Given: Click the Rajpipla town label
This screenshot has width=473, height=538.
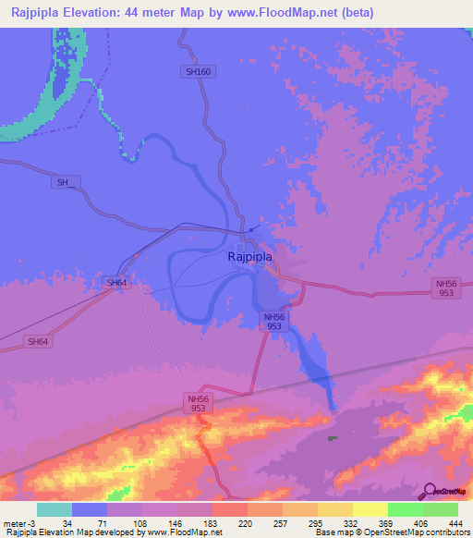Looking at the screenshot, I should coord(249,259).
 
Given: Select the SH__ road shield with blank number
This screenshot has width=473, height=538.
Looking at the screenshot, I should coord(64,183).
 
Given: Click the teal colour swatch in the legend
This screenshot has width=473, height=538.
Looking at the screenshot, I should coord(55,509).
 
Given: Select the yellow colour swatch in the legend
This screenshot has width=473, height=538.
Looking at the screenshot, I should coord(370,509).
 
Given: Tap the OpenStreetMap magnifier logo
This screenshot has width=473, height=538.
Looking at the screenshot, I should coord(431,491).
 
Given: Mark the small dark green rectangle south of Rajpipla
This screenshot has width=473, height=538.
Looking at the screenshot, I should coord(332,438).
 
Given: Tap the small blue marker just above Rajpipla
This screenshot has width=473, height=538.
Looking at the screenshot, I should coord(252,229).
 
